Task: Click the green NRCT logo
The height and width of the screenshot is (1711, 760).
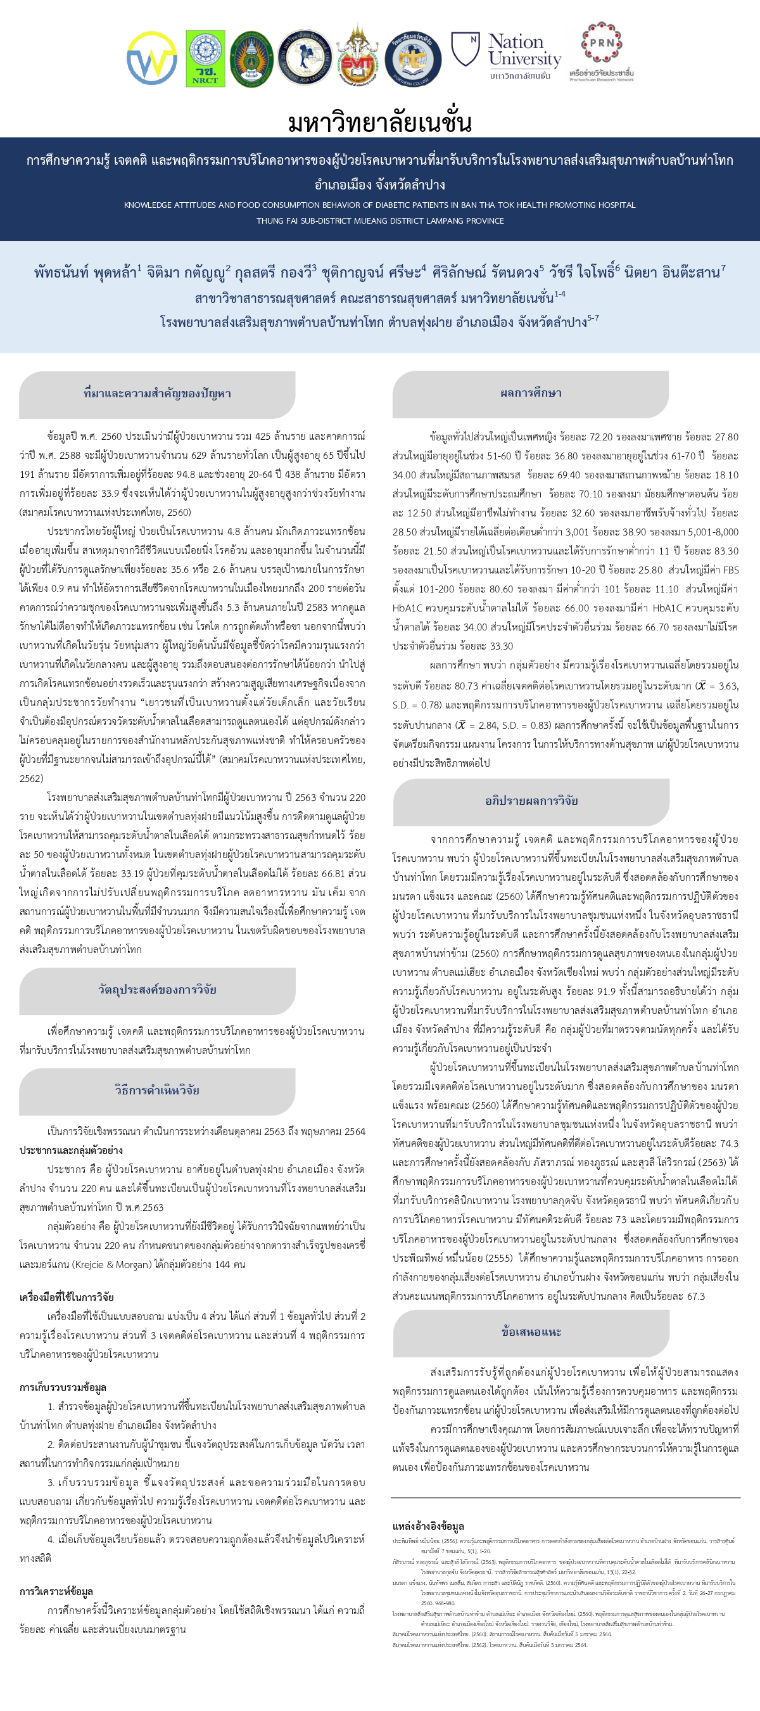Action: pyautogui.click(x=205, y=58)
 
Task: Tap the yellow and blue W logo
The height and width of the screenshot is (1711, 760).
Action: pyautogui.click(x=152, y=58)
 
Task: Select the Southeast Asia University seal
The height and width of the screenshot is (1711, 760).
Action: pyautogui.click(x=305, y=58)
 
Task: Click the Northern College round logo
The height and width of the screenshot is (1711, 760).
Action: pyautogui.click(x=413, y=59)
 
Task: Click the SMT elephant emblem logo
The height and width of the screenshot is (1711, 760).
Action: pyautogui.click(x=357, y=58)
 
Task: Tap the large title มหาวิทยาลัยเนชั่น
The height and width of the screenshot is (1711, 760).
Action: pyautogui.click(x=379, y=123)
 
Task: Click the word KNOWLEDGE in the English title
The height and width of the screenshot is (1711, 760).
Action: pyautogui.click(x=148, y=205)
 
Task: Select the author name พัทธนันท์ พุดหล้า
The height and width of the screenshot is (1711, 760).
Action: pyautogui.click(x=85, y=272)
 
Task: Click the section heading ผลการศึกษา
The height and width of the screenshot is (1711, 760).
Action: pyautogui.click(x=530, y=393)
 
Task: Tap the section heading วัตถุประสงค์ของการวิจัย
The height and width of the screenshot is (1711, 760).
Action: pyautogui.click(x=157, y=989)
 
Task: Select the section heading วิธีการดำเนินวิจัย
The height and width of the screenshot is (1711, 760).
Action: pyautogui.click(x=157, y=1090)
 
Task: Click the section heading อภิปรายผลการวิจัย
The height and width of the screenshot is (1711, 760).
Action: pyautogui.click(x=531, y=800)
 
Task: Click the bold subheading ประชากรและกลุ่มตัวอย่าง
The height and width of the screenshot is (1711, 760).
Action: pyautogui.click(x=71, y=1150)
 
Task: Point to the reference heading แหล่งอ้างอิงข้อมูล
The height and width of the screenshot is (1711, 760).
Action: pyautogui.click(x=428, y=1527)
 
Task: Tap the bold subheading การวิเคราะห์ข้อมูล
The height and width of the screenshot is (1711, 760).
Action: pyautogui.click(x=56, y=1591)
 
